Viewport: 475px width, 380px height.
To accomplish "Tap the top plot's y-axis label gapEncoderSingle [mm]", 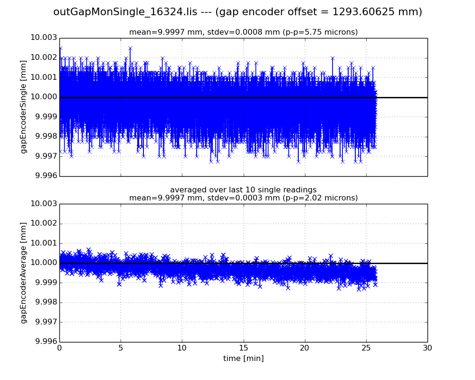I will pyautogui.click(x=24, y=107).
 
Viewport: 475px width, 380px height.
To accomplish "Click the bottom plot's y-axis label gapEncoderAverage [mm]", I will pyautogui.click(x=24, y=273).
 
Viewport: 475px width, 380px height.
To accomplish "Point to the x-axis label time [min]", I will pyautogui.click(x=243, y=359).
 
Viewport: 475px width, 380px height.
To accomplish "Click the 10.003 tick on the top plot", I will pyautogui.click(x=45, y=38).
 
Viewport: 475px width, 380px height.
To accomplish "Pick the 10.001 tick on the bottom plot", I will pyautogui.click(x=45, y=243).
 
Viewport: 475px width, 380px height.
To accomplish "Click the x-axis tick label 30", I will pyautogui.click(x=427, y=348).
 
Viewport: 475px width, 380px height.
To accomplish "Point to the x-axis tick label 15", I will pyautogui.click(x=243, y=348).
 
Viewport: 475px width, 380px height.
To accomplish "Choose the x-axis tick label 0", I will pyautogui.click(x=59, y=348).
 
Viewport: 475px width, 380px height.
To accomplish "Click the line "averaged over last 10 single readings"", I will pyautogui.click(x=243, y=190).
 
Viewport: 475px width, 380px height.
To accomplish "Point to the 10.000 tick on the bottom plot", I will pyautogui.click(x=45, y=263).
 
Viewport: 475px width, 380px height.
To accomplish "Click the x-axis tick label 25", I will pyautogui.click(x=366, y=348).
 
